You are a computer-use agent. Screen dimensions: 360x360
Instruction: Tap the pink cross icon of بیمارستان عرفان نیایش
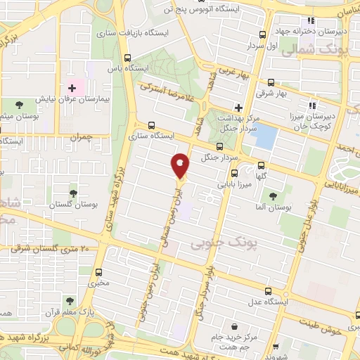coord(72,88)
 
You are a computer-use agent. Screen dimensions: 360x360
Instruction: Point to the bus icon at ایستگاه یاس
coord(127,58)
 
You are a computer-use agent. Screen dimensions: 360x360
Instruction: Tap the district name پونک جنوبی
coord(215,243)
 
